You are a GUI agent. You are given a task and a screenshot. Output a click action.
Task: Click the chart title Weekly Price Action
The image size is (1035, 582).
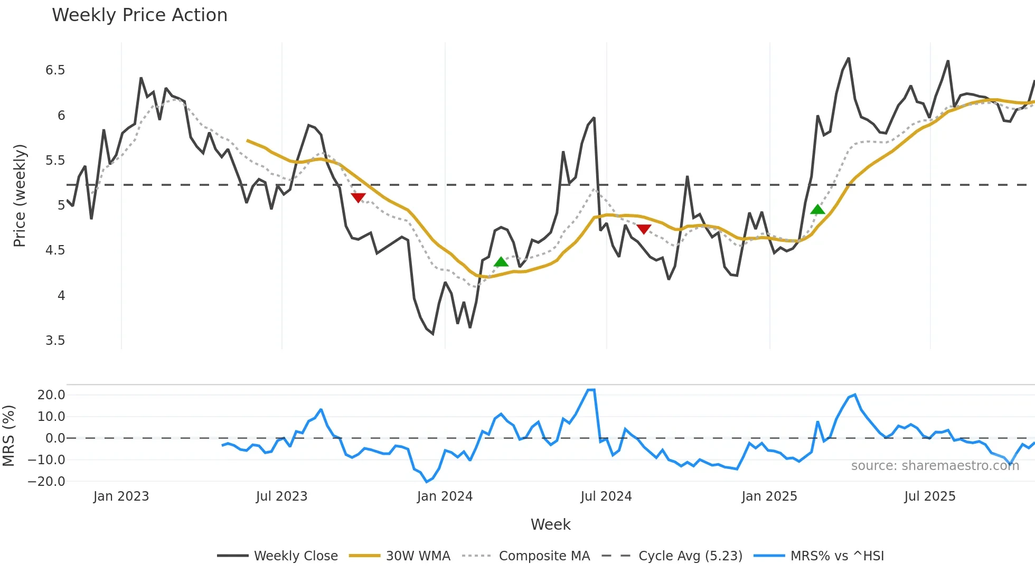point(139,15)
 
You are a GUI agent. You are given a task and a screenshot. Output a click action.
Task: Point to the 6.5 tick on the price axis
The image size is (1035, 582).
point(55,70)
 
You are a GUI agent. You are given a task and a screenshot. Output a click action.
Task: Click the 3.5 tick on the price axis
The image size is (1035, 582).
point(55,341)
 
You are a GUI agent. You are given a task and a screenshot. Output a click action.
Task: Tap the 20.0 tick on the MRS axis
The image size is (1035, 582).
point(51,395)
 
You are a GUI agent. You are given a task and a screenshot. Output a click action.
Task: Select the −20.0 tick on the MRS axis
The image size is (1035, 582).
point(47,482)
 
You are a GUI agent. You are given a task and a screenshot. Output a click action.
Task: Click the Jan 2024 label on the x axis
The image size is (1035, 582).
point(445,496)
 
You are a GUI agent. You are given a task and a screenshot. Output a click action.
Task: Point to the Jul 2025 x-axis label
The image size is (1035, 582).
point(929,496)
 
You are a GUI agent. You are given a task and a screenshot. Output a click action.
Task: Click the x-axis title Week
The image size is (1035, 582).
point(550,524)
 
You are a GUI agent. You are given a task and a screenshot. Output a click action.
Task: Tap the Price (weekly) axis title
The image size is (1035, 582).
point(20,195)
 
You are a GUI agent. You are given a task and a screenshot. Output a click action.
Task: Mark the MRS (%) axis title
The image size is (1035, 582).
point(8,436)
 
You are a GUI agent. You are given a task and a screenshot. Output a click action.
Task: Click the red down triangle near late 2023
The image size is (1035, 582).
point(358,198)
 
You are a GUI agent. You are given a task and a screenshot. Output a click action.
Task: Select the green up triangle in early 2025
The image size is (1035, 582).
point(817,210)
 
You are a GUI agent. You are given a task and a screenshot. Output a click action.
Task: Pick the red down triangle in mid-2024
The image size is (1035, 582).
point(644,229)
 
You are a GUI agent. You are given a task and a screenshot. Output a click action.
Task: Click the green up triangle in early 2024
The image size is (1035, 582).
point(501,262)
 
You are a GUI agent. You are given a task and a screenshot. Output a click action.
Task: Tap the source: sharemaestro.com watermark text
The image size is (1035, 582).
point(935,466)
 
